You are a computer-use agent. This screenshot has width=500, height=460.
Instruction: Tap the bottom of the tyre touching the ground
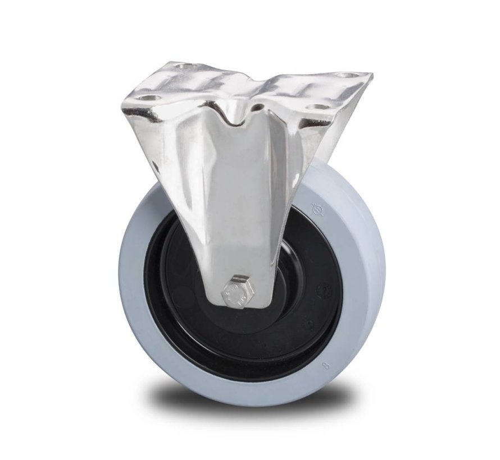(x=247, y=403)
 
